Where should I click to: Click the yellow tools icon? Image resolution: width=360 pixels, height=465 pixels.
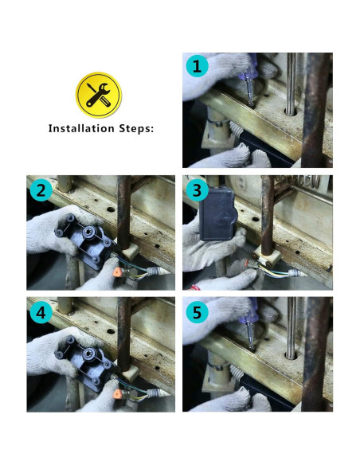99,95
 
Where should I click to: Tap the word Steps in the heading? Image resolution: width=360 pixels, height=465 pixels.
136,129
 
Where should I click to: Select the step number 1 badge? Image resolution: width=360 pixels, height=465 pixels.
197,66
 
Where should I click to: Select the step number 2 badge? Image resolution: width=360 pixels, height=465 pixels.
41,190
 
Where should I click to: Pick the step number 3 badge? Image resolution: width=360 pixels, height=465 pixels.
197,190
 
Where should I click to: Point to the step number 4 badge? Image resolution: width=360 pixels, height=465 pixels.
41,312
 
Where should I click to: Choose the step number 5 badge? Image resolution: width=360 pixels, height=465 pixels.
197,312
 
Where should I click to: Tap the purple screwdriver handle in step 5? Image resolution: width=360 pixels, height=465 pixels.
248,316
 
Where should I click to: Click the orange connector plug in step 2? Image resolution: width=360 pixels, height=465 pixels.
117,272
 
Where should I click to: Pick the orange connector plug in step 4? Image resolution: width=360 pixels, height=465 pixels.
117,394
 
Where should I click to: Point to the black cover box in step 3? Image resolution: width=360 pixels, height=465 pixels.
217,213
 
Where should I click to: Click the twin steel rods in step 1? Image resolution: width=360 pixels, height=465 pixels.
291,84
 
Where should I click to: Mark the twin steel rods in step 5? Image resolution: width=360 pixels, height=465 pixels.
291,328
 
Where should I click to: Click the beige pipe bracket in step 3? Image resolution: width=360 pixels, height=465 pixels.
268,257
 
